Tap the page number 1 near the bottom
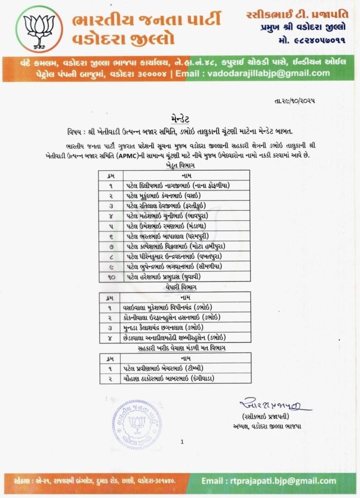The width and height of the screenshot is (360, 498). (181, 442)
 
